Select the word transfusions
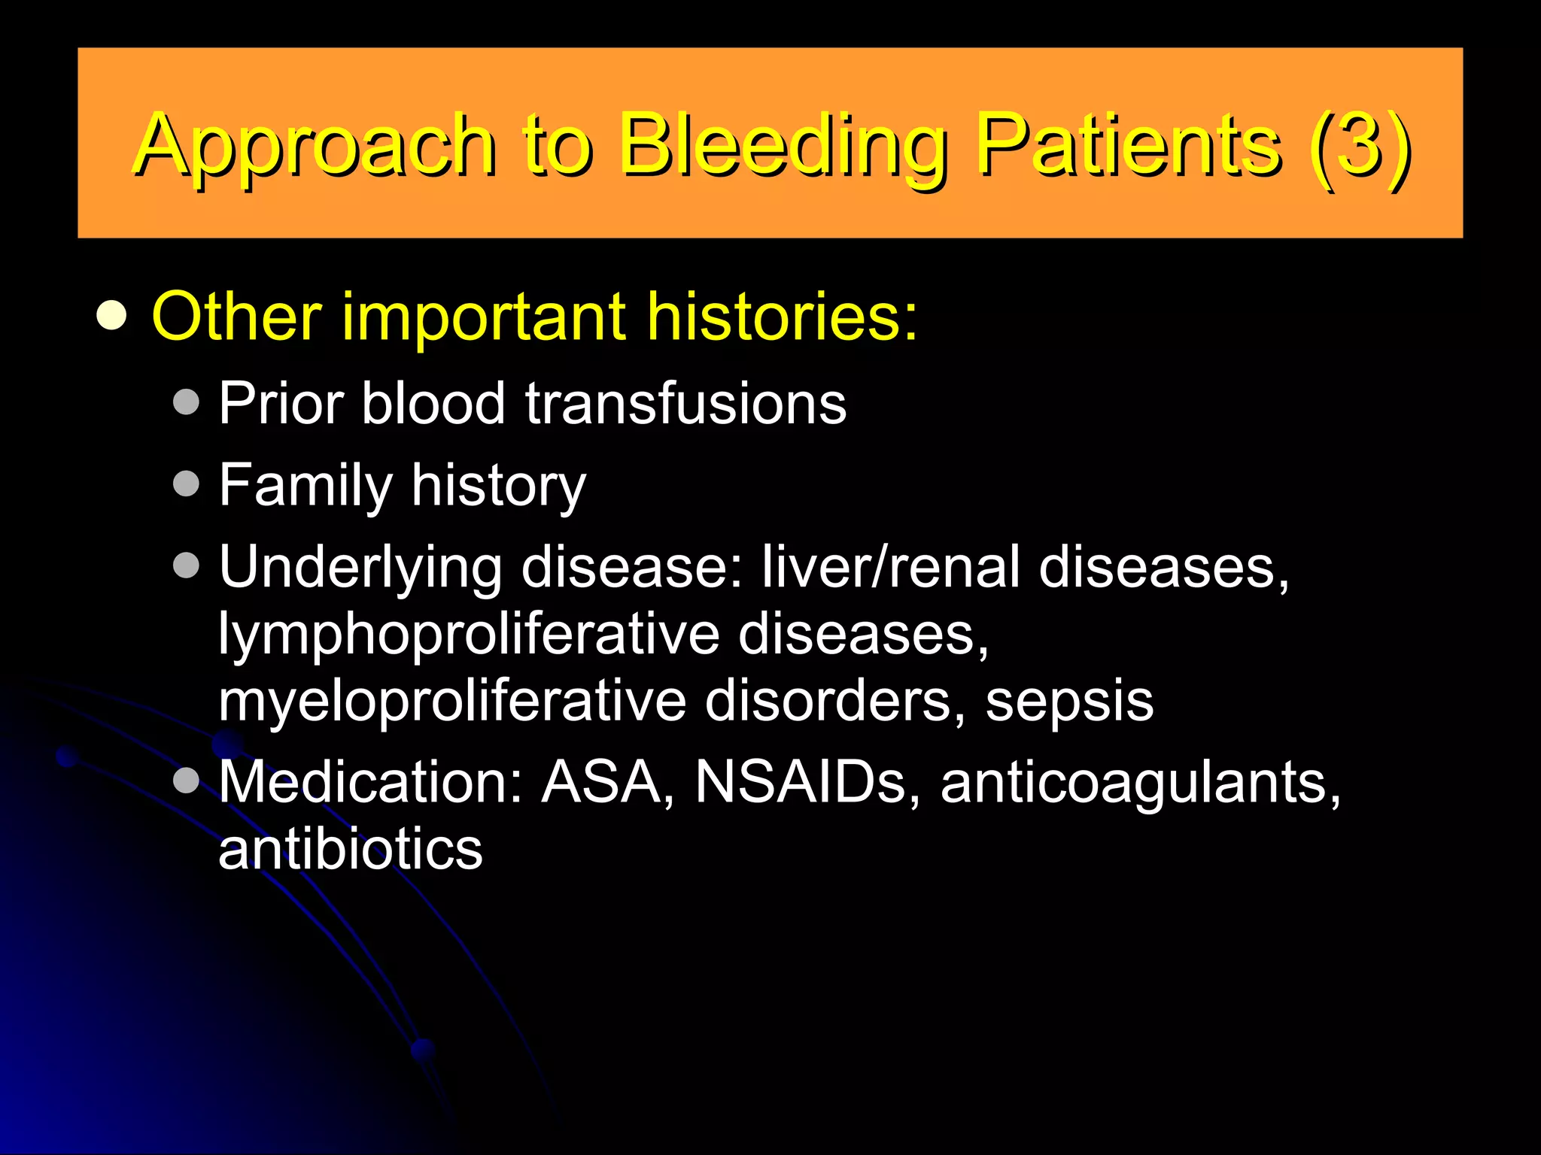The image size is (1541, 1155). point(685,404)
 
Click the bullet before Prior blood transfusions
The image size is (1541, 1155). point(186,402)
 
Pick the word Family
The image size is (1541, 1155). point(305,486)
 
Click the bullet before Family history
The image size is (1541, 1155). point(186,484)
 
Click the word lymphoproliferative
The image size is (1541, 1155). point(468,634)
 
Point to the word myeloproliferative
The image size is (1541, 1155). point(451,701)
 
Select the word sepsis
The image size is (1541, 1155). point(1068,701)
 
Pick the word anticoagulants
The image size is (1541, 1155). point(1139,784)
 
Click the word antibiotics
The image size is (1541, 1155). point(350,849)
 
